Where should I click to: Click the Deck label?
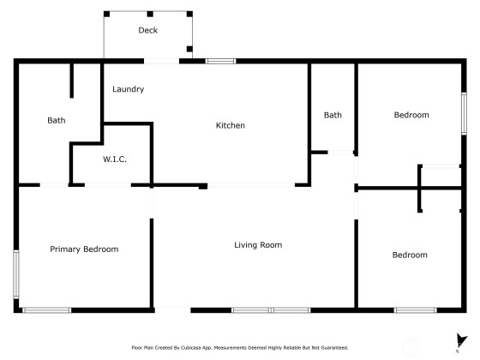point(147,30)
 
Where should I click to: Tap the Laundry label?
point(128,89)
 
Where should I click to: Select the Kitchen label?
point(231,125)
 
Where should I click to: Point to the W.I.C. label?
point(115,159)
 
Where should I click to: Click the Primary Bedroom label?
point(84,249)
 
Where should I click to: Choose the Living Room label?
point(258,245)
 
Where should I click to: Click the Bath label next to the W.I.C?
point(57,120)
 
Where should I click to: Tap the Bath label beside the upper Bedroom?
point(333,115)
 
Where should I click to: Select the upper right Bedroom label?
point(411,115)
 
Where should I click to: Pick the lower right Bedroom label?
point(410,255)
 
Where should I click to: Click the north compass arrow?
point(461,339)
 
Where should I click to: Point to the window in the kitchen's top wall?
point(221,61)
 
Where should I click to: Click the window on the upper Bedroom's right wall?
point(464,113)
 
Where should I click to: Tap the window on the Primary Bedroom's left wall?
point(16,274)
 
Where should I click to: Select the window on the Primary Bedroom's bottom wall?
point(47,310)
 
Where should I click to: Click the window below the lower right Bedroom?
point(416,310)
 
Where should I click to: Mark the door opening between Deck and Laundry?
point(162,61)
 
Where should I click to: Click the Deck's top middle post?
point(150,14)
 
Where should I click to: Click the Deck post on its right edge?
point(189,49)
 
